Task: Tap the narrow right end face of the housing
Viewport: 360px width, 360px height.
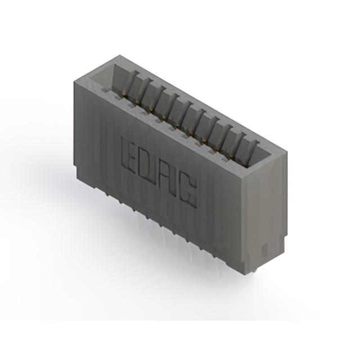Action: pyautogui.click(x=262, y=214)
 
